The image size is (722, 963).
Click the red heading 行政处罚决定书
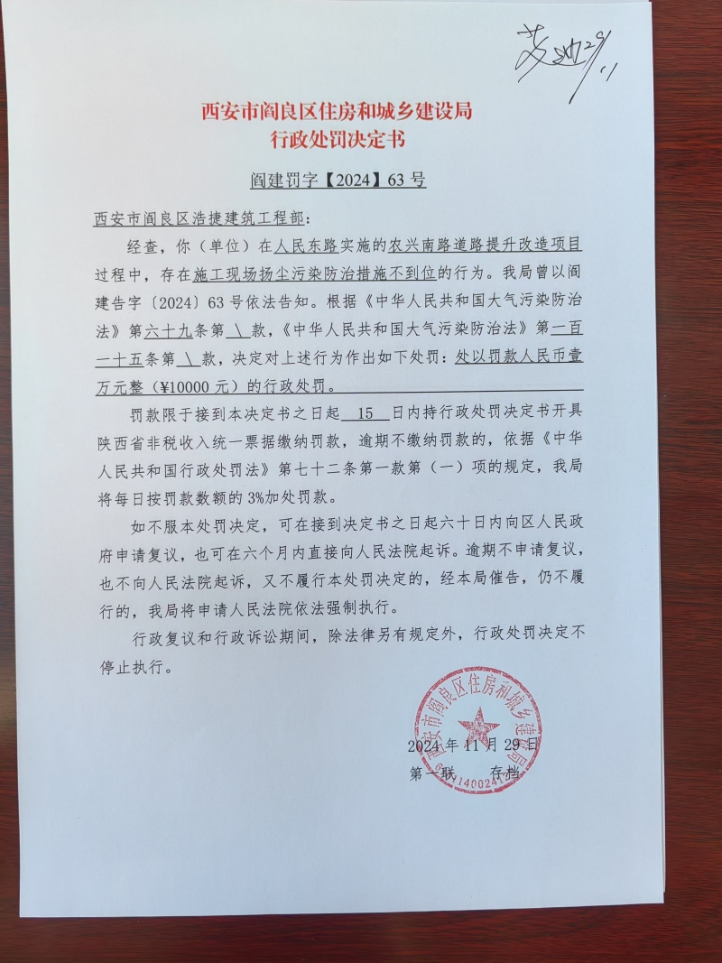tap(338, 139)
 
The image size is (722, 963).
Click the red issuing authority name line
tap(337, 112)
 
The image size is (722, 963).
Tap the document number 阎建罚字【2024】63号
tap(338, 180)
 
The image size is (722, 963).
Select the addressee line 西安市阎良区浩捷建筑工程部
tap(199, 219)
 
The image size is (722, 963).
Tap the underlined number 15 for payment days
tap(366, 414)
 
